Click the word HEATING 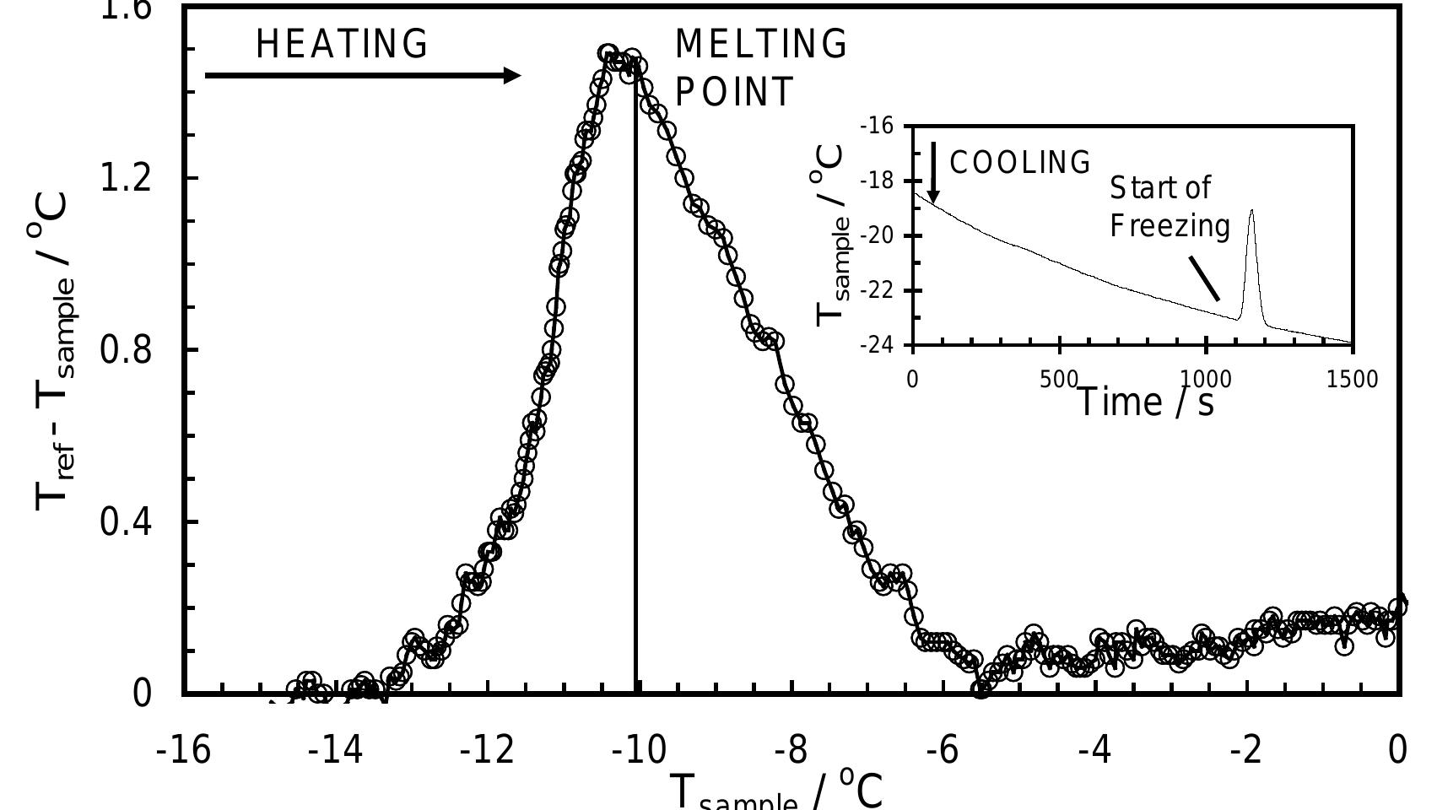(x=342, y=44)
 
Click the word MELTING (x=761, y=44)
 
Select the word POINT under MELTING (x=734, y=92)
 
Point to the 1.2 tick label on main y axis (x=127, y=178)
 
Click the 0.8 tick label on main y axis (x=127, y=349)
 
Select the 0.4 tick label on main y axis (x=127, y=521)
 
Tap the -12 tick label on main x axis (x=487, y=749)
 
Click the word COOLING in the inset (x=1020, y=162)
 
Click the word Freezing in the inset (x=1170, y=226)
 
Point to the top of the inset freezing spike (x=1251, y=211)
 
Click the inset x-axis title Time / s (x=1146, y=402)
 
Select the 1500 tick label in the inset (x=1351, y=379)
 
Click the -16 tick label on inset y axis (x=877, y=127)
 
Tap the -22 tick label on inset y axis (x=877, y=291)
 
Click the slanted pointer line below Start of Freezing (x=1204, y=278)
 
